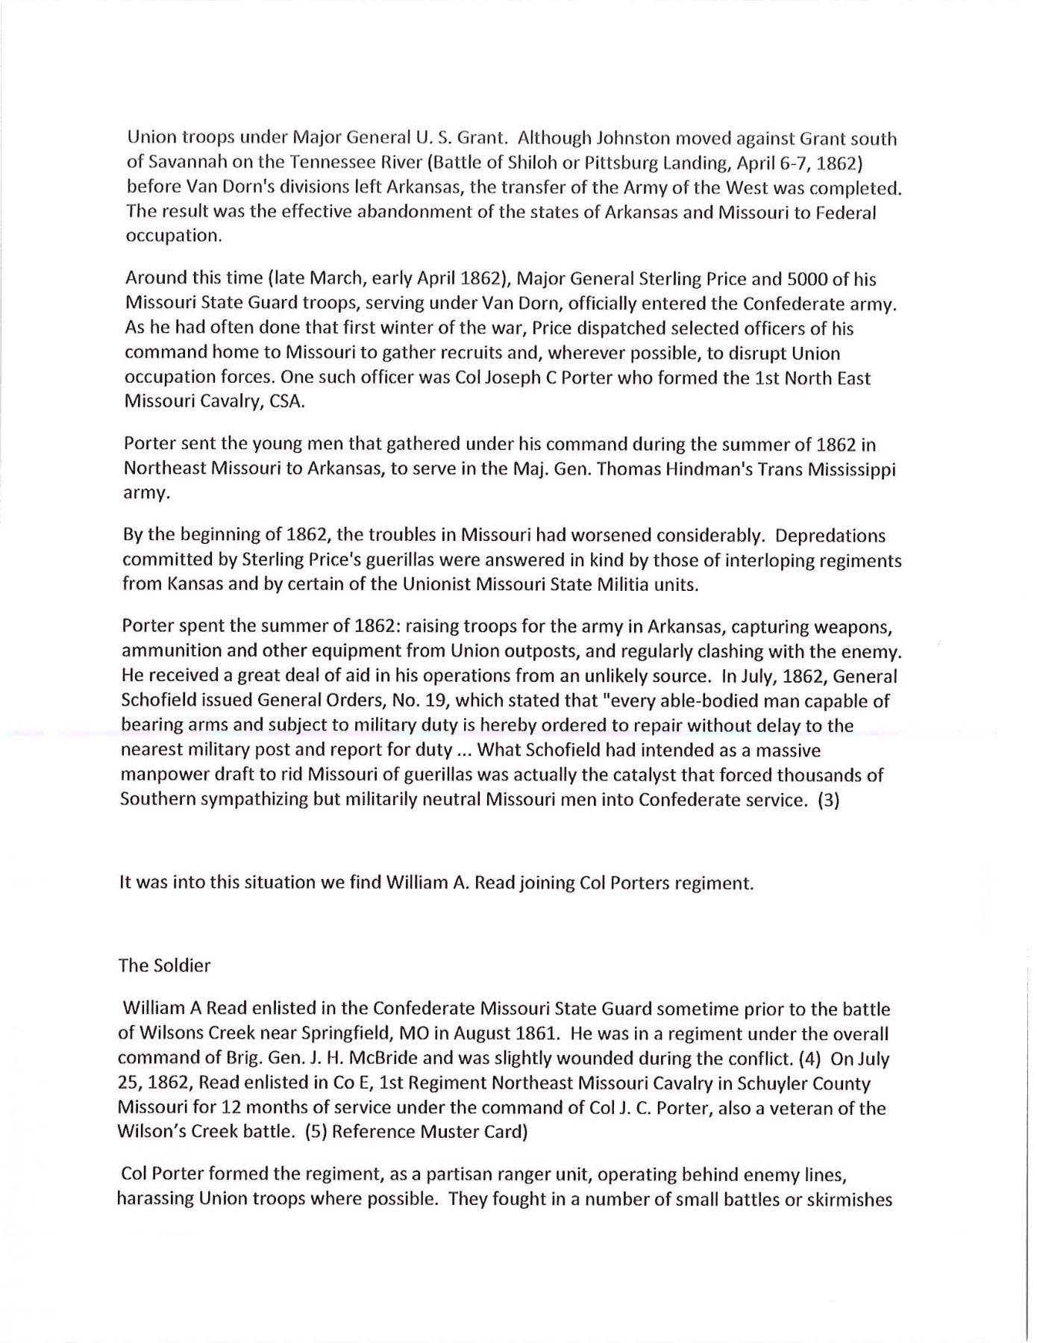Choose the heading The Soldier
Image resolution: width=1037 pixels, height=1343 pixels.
point(164,966)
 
